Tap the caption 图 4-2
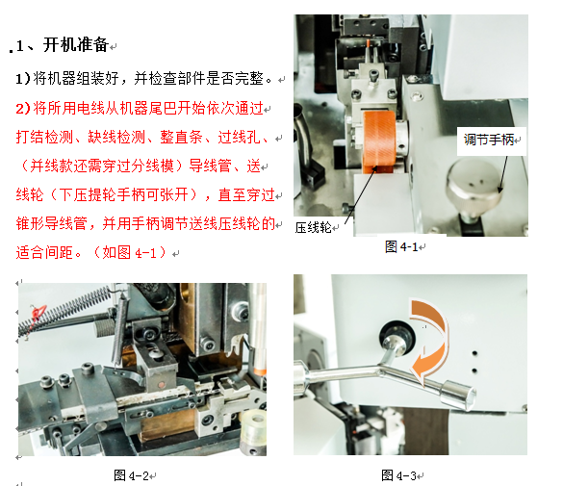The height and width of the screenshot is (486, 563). (x=133, y=474)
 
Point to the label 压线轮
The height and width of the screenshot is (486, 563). (x=314, y=227)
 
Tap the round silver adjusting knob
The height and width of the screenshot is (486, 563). (x=477, y=186)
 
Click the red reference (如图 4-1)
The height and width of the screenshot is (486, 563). (x=131, y=253)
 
